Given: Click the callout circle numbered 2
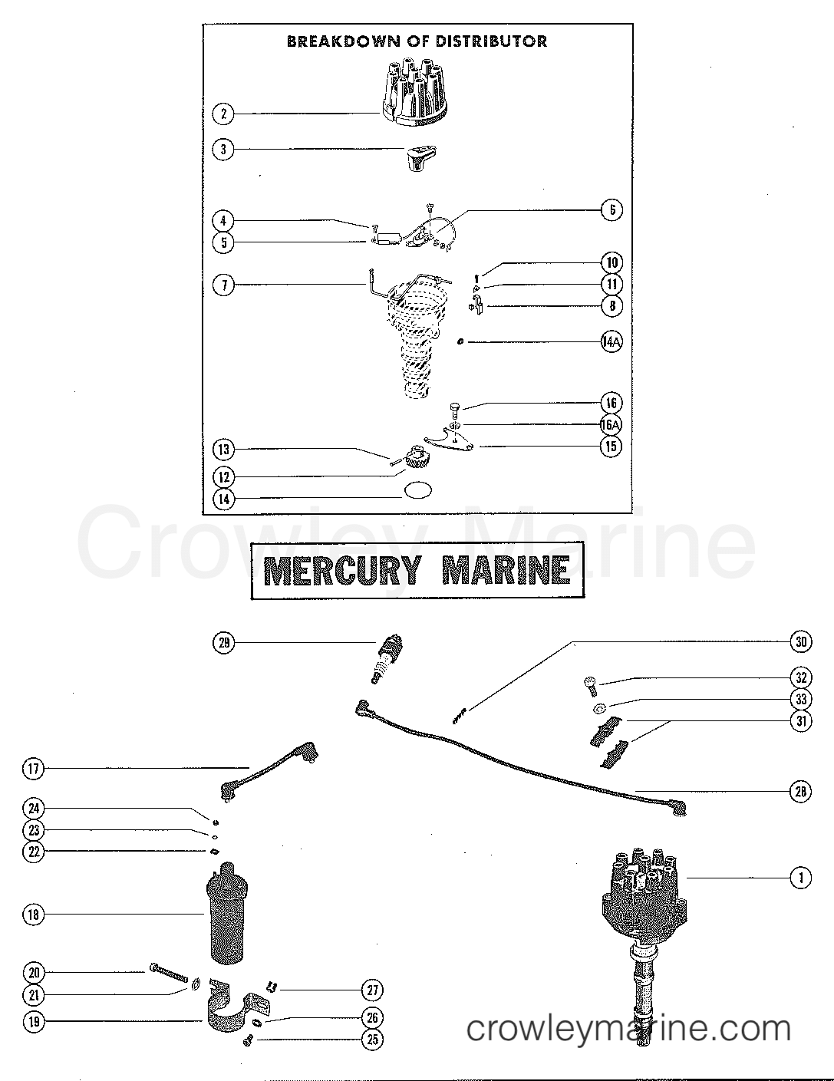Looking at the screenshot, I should (223, 114).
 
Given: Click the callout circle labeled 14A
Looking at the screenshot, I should (611, 342).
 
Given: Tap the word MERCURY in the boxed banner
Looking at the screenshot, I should (342, 570).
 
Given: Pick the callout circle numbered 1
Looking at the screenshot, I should (800, 878).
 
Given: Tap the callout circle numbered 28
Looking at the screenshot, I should (800, 792).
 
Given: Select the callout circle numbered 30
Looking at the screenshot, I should (800, 642).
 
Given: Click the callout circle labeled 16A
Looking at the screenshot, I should (611, 424).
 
